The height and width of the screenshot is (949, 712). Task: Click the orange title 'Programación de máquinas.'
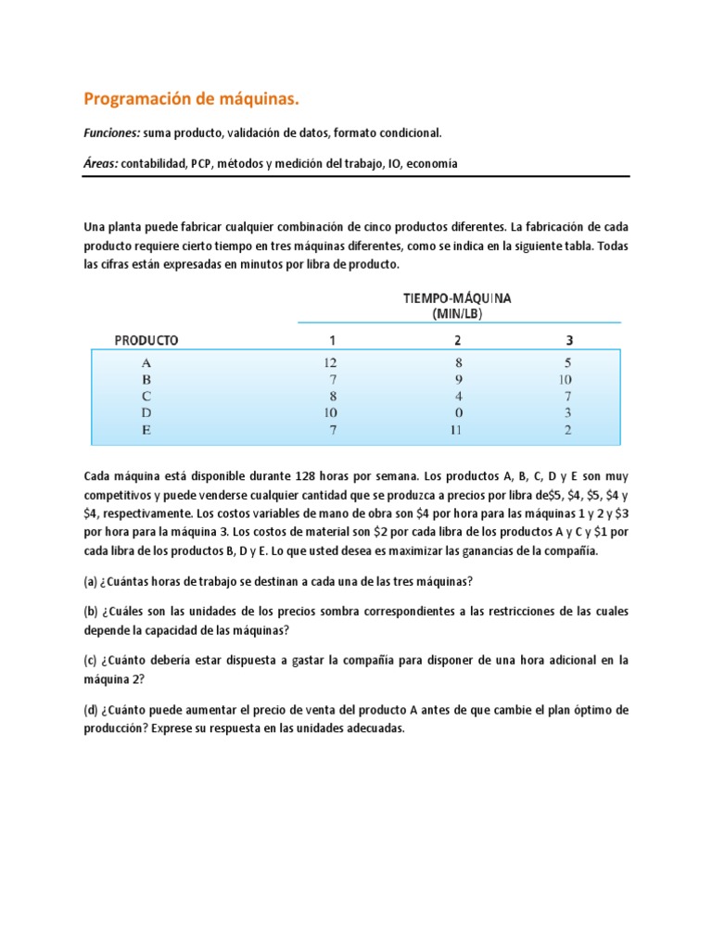pyautogui.click(x=193, y=98)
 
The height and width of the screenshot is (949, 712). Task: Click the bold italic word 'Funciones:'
pyautogui.click(x=112, y=133)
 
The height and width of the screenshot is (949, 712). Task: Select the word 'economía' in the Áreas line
pyautogui.click(x=432, y=163)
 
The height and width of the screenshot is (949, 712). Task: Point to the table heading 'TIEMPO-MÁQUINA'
pyautogui.click(x=457, y=298)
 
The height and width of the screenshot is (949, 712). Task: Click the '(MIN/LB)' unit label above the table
pyautogui.click(x=457, y=314)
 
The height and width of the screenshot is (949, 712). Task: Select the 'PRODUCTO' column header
pyautogui.click(x=146, y=340)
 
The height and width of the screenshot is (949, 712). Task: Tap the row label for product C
pyautogui.click(x=146, y=396)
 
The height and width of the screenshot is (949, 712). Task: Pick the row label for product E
pyautogui.click(x=146, y=430)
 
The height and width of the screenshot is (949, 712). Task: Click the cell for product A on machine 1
pyautogui.click(x=330, y=362)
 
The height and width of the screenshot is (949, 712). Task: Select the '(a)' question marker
pyautogui.click(x=92, y=581)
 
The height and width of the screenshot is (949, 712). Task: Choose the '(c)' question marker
pyautogui.click(x=92, y=661)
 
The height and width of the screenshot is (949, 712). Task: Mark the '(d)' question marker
pyautogui.click(x=92, y=710)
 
